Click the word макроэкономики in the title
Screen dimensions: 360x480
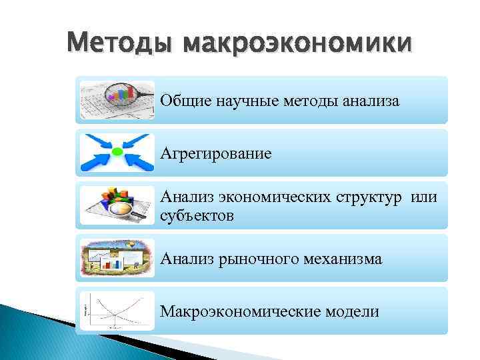point(297,44)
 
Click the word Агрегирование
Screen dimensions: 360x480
point(215,154)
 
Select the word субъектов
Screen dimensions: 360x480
point(197,215)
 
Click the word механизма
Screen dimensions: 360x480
point(344,259)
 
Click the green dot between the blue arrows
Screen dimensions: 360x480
point(117,153)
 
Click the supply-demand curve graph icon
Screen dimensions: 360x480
point(117,311)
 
